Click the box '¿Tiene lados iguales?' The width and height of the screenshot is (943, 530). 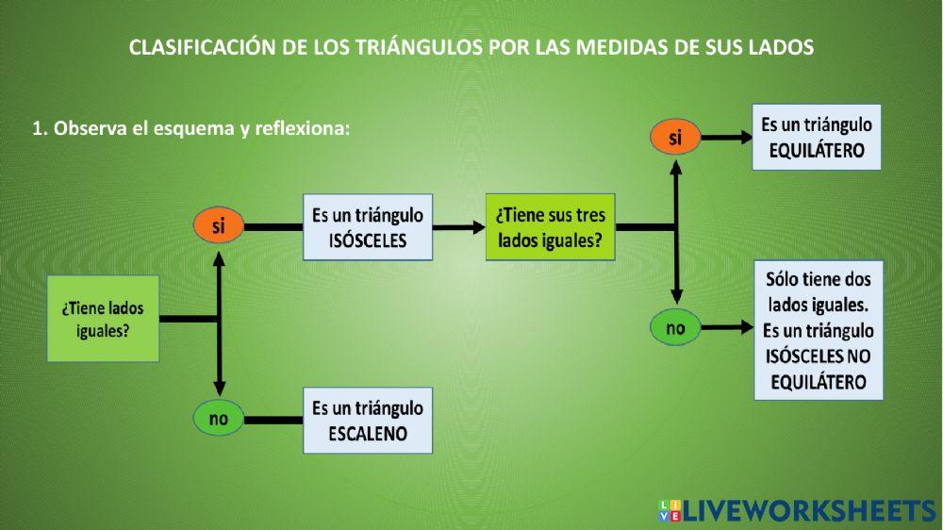pos(104,320)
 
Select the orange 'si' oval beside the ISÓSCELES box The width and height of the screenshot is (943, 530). pos(219,226)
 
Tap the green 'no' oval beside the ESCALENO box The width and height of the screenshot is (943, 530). pos(219,419)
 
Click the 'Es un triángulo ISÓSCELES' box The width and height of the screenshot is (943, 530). pos(368,227)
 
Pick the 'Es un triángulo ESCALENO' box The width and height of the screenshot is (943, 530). pos(368,421)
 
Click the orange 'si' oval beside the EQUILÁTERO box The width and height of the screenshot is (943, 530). pos(675,139)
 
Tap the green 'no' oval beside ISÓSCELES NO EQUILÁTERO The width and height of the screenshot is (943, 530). pos(675,328)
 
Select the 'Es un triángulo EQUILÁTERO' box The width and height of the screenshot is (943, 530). pos(817,137)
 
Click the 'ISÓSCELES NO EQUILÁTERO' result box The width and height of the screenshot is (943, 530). pos(818,330)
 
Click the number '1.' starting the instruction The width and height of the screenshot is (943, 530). pos(41,129)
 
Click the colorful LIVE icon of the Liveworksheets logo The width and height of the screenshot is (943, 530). pos(669,510)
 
